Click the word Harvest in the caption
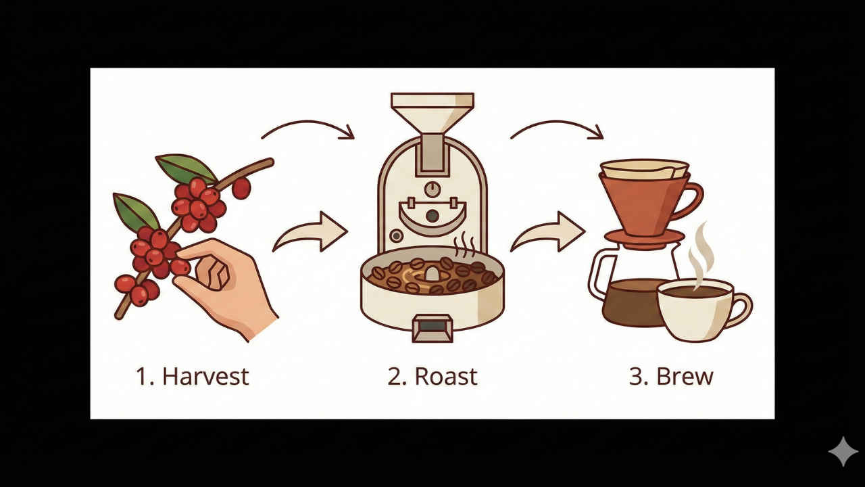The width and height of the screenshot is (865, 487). (206, 377)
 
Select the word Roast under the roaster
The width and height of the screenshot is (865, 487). (446, 377)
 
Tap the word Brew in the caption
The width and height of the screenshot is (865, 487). (685, 377)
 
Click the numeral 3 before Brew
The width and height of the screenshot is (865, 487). (636, 377)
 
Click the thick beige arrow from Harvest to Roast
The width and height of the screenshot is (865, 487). (312, 232)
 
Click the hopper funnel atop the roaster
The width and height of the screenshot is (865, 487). (432, 113)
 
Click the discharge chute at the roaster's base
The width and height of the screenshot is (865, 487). (432, 329)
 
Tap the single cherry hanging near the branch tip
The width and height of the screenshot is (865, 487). (242, 188)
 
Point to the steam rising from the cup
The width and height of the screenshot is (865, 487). (702, 255)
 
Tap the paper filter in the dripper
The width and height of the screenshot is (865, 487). (644, 169)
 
